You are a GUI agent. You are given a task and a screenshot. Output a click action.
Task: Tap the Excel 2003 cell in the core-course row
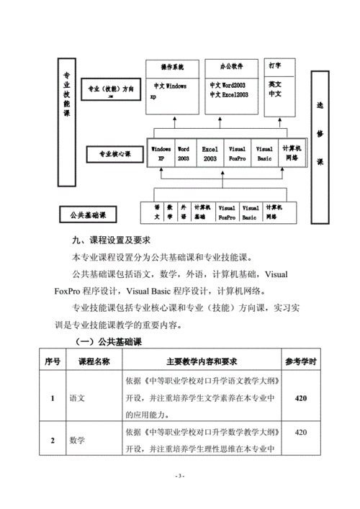coord(210,153)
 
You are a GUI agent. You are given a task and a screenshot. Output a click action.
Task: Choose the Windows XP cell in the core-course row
coord(161,153)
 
